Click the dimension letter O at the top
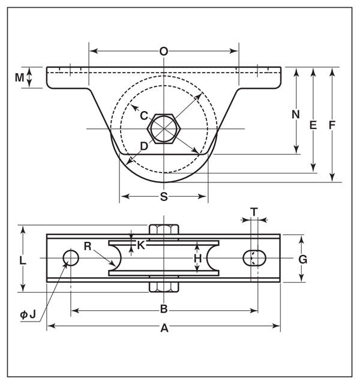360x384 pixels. point(164,52)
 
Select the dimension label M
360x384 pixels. point(19,77)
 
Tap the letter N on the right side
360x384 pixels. point(296,115)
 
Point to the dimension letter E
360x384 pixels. point(313,125)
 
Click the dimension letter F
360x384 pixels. point(332,125)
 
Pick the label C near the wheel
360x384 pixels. point(144,116)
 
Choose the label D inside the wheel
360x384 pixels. point(144,146)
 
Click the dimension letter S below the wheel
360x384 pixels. point(164,196)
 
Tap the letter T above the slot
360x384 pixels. point(254,212)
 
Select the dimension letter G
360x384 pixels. point(302,259)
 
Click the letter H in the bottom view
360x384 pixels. point(197,259)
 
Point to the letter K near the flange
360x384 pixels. point(141,245)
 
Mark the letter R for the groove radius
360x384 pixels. point(88,246)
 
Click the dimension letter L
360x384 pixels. point(23,260)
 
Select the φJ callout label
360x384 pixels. point(28,314)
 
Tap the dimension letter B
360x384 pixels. point(164,309)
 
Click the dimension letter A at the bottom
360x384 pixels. point(164,328)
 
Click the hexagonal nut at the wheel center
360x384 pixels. point(164,128)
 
